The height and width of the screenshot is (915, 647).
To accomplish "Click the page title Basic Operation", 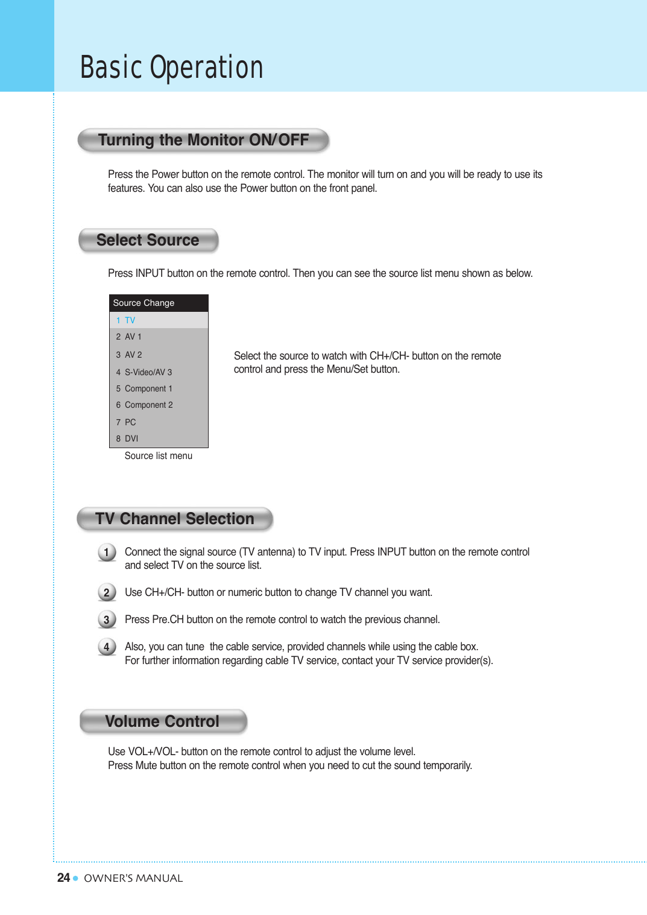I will tap(172, 68).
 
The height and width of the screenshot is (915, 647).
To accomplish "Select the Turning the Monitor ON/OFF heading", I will tap(203, 140).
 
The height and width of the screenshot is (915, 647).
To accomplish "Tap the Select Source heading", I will tap(148, 240).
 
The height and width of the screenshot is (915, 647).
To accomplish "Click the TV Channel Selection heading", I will tap(175, 519).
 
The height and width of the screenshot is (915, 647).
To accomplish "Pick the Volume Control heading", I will tap(162, 721).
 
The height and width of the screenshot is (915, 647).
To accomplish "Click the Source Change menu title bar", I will tap(159, 303).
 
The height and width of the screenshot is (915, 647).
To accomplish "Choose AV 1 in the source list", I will tap(133, 337).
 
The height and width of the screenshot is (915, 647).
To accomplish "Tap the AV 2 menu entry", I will tap(133, 355).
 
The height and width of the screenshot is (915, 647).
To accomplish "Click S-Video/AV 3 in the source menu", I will tap(148, 372).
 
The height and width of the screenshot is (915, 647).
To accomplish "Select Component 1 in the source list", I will tap(148, 388).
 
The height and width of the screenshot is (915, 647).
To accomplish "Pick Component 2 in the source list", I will tap(148, 405).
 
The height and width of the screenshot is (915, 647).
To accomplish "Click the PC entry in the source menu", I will tap(130, 422).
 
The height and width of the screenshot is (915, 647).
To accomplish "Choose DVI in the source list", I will tap(131, 439).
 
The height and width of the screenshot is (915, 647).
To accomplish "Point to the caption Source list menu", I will tap(159, 456).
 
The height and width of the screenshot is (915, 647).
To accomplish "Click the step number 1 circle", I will tap(107, 552).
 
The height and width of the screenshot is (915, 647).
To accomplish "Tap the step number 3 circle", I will tap(107, 619).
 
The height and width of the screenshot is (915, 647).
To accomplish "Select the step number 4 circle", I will tap(107, 647).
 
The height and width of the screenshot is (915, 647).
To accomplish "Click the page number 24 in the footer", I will tap(63, 878).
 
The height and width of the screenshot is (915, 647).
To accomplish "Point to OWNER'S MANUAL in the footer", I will tap(133, 878).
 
